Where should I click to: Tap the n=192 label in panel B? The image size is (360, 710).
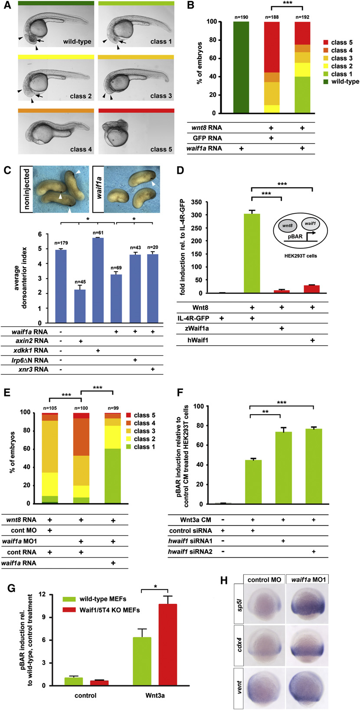tap(302, 17)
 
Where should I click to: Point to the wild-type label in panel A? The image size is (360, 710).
tap(77, 42)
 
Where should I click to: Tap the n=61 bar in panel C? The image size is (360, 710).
tap(98, 280)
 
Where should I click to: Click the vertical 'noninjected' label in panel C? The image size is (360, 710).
tap(26, 190)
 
